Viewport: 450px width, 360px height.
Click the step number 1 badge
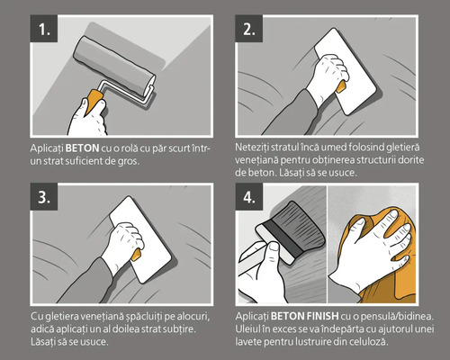pyautogui.click(x=44, y=29)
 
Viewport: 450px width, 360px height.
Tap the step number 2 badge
pyautogui.click(x=249, y=29)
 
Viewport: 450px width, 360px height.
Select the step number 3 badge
pyautogui.click(x=44, y=197)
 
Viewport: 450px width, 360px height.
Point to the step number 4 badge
pyautogui.click(x=249, y=197)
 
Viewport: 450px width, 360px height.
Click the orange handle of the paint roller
pyautogui.click(x=94, y=101)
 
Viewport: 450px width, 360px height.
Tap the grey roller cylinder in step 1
pyautogui.click(x=114, y=67)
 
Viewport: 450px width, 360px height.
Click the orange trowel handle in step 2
pyautogui.click(x=341, y=87)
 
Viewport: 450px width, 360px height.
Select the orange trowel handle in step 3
pyautogui.click(x=136, y=255)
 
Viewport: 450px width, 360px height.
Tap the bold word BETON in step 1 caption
pyautogui.click(x=82, y=148)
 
